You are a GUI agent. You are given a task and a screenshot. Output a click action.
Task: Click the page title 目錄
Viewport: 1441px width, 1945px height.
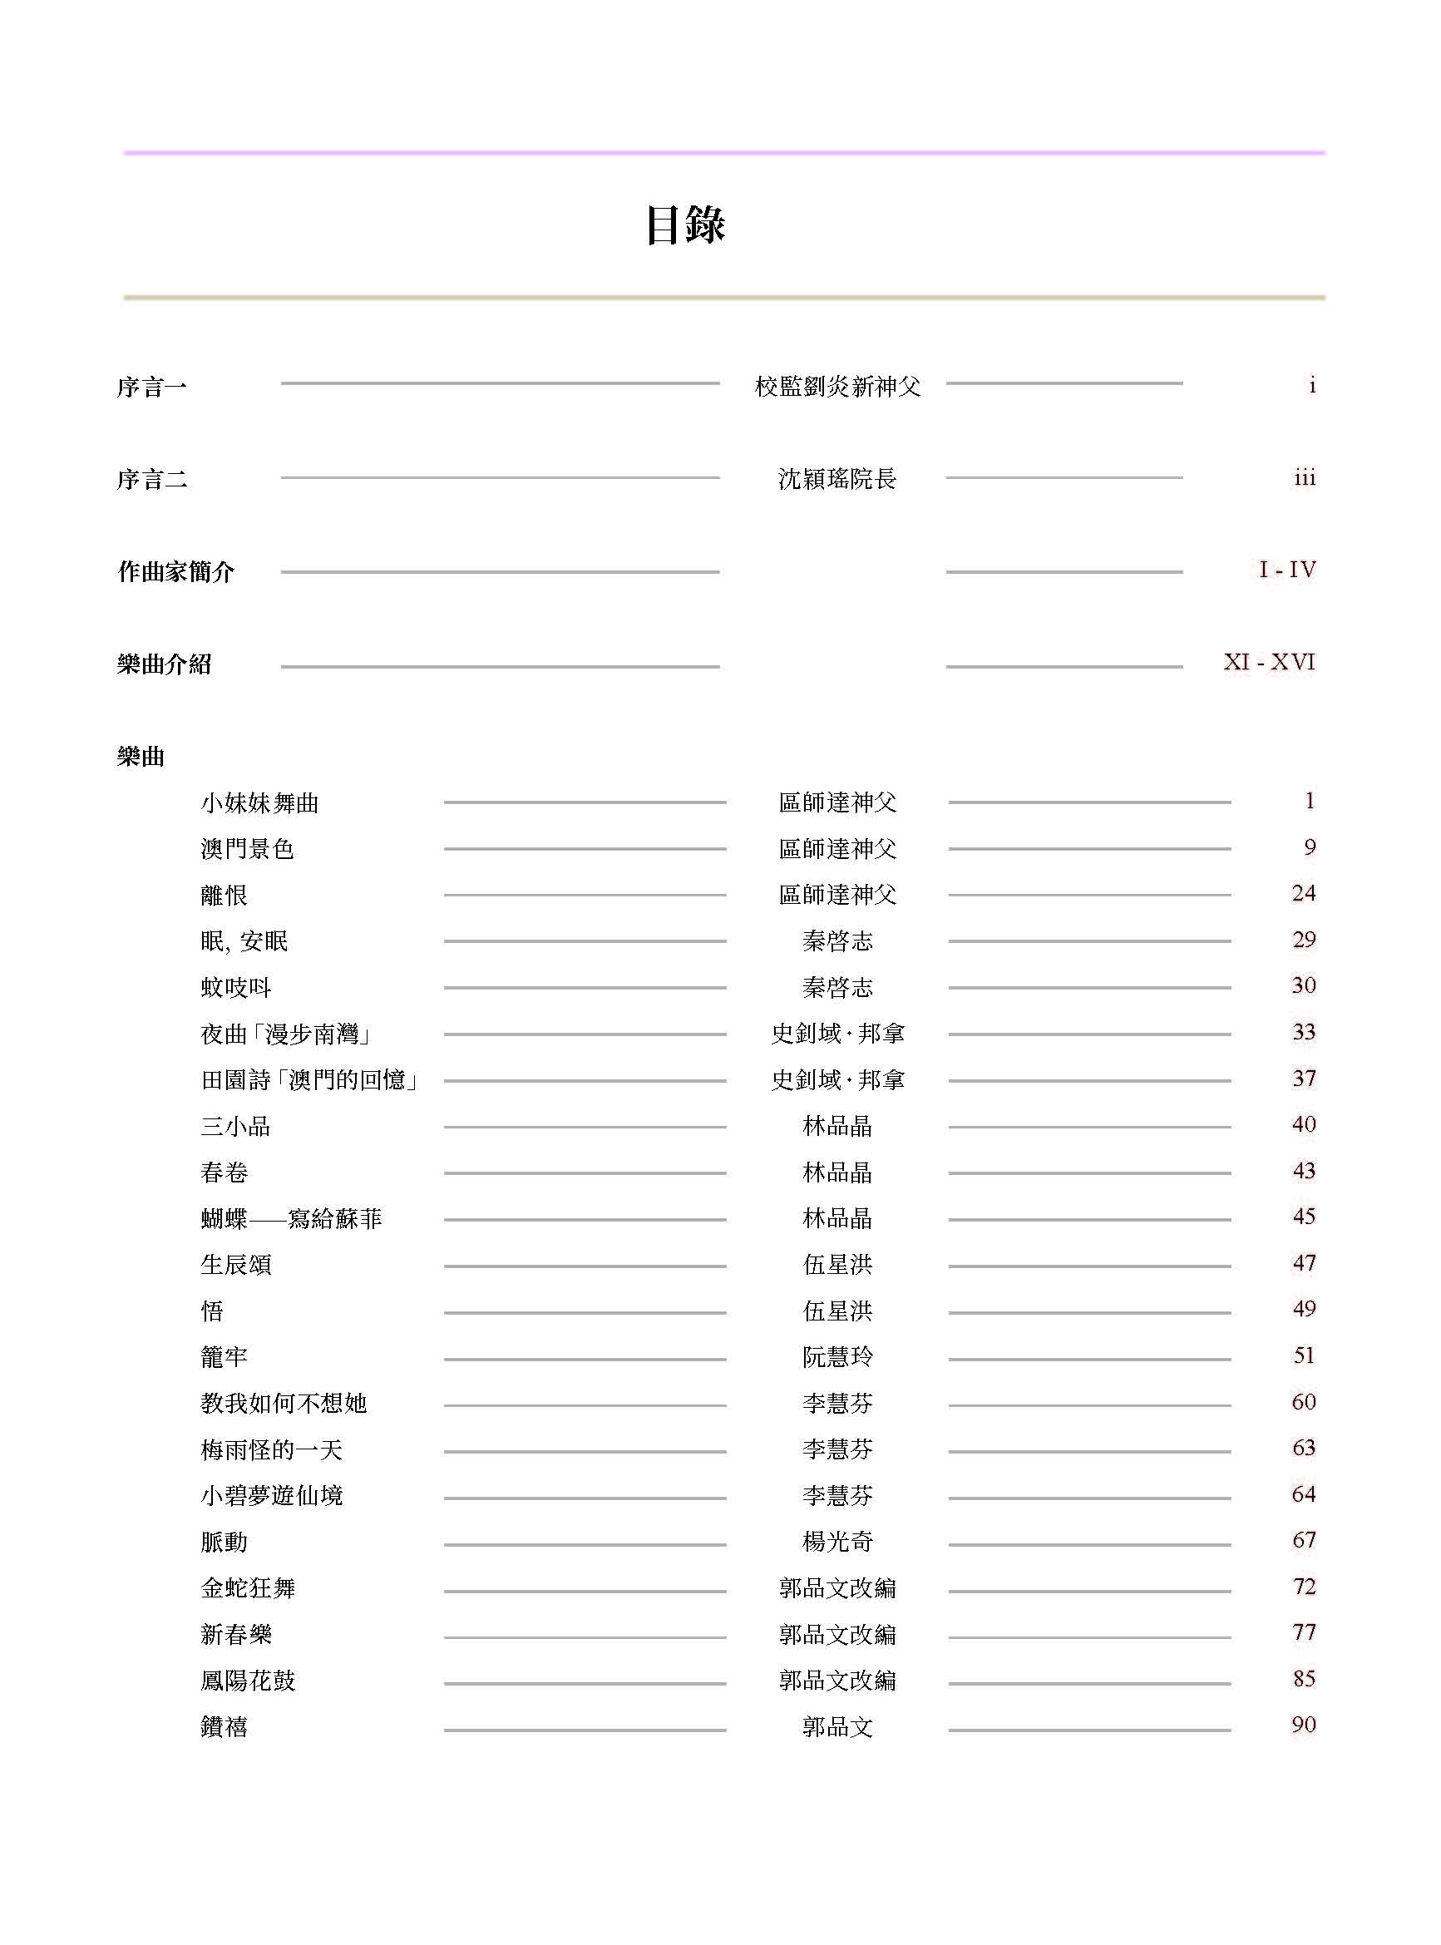coord(686,225)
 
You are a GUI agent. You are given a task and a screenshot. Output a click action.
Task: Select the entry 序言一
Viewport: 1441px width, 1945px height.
coord(152,387)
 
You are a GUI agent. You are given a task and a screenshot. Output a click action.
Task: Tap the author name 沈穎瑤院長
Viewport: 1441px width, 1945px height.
coord(836,479)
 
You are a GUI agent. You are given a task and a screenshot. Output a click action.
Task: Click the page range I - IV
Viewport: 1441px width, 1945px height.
coord(1286,570)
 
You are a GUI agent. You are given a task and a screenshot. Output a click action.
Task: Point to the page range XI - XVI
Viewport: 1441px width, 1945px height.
coord(1268,663)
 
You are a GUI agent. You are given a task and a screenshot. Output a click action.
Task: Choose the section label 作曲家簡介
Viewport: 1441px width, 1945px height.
coord(176,572)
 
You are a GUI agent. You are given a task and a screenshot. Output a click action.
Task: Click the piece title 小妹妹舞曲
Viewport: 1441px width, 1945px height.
coord(259,802)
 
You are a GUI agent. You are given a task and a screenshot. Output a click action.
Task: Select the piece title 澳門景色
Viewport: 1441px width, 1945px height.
coord(247,849)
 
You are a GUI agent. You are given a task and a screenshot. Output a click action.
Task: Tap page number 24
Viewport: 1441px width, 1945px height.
coord(1303,893)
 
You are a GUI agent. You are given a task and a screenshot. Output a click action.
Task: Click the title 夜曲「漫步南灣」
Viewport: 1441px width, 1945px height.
coord(287,1034)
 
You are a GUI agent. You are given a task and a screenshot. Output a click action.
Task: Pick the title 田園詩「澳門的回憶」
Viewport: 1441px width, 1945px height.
coord(310,1081)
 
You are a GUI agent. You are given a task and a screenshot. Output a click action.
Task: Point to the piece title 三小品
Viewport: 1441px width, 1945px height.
coord(234,1127)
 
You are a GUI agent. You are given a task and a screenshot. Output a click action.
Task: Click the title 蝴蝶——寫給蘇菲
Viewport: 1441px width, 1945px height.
coord(290,1218)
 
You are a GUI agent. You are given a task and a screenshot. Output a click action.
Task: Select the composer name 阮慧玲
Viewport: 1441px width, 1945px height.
coord(836,1357)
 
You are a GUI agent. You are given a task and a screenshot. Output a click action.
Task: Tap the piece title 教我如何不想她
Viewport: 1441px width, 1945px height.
coord(283,1404)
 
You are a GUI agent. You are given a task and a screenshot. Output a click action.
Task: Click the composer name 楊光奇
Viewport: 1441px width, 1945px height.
coord(836,1542)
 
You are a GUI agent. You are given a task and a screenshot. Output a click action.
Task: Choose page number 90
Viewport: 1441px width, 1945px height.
coord(1303,1725)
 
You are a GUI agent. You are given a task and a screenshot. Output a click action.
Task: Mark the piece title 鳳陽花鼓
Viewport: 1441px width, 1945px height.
coord(248,1681)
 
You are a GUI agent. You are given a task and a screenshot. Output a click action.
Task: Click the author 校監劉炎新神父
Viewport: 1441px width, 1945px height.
coord(836,387)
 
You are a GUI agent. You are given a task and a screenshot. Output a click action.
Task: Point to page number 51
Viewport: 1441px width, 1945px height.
coord(1303,1355)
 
